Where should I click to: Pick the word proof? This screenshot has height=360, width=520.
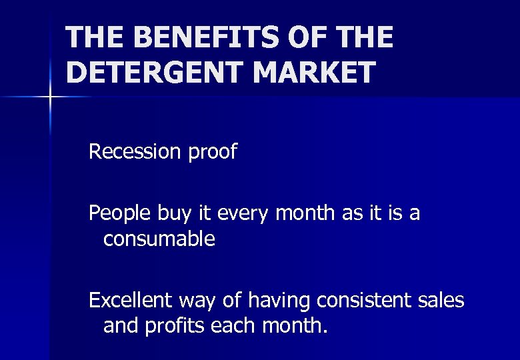pos(212,153)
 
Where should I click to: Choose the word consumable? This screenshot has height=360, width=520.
pos(159,239)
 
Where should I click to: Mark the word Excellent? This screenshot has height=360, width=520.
pos(131,301)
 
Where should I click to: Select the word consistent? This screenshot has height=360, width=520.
pos(363,301)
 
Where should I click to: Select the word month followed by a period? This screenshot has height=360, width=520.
pos(293,326)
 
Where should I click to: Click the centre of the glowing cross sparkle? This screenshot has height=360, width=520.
pos(50,97)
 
